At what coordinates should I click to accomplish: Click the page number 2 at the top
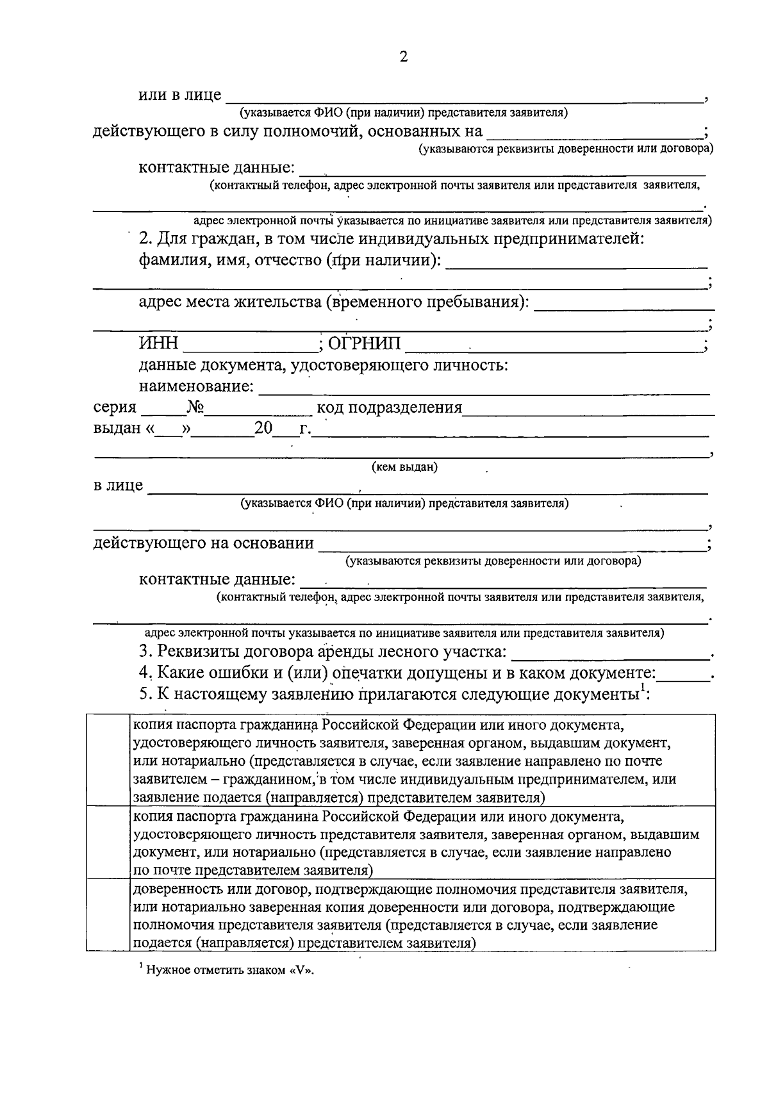pos(403,56)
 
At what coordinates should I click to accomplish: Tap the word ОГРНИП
pos(364,344)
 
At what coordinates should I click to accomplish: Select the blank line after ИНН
pos(250,349)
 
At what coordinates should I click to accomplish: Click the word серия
pos(115,408)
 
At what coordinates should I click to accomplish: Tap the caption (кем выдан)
pos(404,467)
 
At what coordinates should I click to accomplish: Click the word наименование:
pos(197,387)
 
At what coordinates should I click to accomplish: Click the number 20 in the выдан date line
pos(263,428)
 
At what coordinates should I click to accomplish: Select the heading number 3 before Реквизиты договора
pos(144,652)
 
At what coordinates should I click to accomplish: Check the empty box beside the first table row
pos(108,760)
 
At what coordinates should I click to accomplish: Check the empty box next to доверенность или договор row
pos(108,914)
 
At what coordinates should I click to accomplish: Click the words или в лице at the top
pos(180,95)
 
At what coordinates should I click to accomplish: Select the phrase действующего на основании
pos(204,544)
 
